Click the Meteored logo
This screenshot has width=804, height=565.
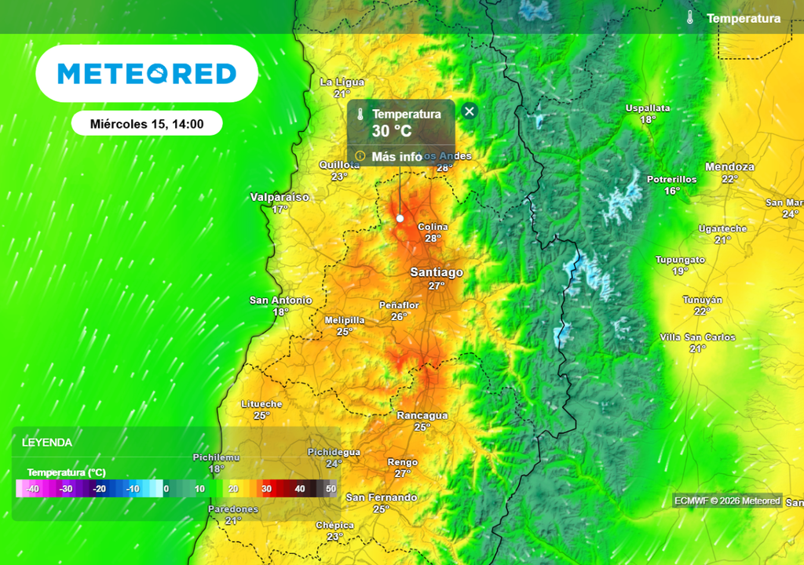click(147, 74)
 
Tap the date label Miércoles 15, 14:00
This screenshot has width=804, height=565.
click(147, 124)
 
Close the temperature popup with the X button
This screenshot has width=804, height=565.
click(470, 111)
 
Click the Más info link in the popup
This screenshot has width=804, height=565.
click(397, 156)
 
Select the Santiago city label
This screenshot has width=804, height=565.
click(437, 272)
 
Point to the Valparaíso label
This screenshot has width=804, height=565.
click(280, 197)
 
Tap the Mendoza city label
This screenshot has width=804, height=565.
click(729, 167)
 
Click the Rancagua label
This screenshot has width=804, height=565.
click(422, 415)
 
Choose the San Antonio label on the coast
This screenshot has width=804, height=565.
click(280, 301)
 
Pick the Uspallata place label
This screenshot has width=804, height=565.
click(647, 108)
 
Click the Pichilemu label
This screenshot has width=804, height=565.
click(216, 457)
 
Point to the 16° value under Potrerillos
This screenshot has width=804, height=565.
click(671, 191)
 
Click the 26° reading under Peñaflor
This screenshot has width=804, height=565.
click(400, 316)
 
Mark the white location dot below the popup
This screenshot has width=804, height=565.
click(400, 218)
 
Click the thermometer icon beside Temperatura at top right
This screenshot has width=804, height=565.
click(690, 18)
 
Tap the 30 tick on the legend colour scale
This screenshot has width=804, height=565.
click(266, 489)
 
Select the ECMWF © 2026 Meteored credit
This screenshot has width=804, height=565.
click(727, 501)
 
